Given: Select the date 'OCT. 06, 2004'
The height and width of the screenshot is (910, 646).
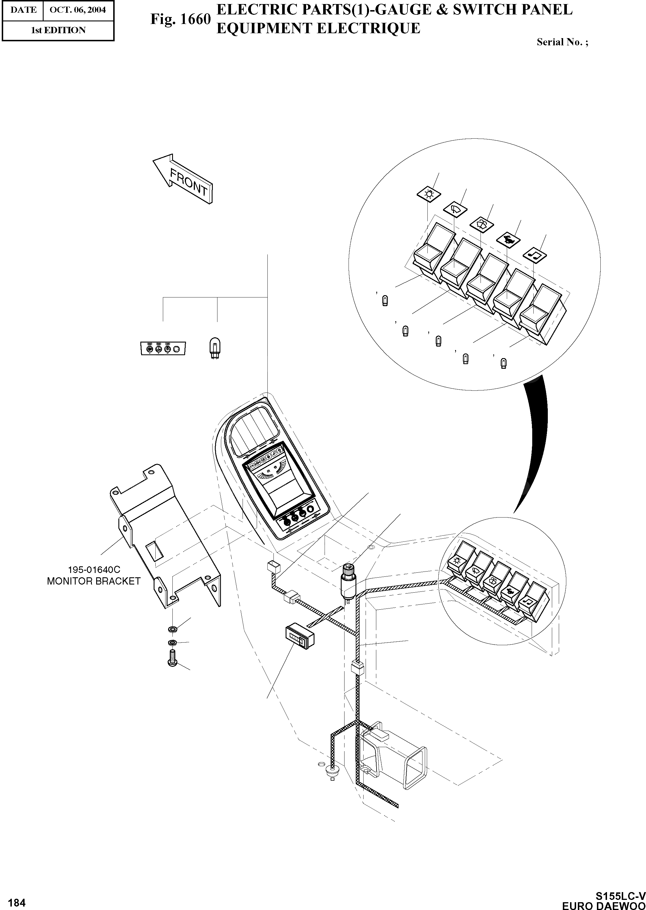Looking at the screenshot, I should click(x=78, y=10).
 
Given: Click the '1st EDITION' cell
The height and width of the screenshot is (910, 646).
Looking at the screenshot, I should click(x=58, y=30).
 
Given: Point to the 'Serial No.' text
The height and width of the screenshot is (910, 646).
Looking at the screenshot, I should click(x=562, y=42).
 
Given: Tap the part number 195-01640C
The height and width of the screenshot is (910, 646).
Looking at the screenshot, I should click(x=94, y=570).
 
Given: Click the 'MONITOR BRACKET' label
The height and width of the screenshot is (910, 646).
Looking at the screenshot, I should click(x=94, y=581).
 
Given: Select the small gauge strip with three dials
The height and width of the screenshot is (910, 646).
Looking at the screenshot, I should click(x=163, y=348).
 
